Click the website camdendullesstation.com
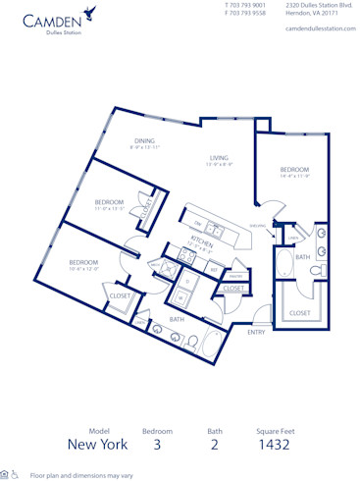(317, 28)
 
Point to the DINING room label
(144, 140)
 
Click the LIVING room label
(218, 158)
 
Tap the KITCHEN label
(202, 239)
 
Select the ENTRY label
(255, 332)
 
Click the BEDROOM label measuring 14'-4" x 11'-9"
(294, 170)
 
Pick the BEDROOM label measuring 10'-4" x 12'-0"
(83, 262)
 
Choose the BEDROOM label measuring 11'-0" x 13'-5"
(109, 202)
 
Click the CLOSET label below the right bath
(300, 312)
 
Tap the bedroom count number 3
(158, 444)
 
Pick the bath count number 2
(215, 444)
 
